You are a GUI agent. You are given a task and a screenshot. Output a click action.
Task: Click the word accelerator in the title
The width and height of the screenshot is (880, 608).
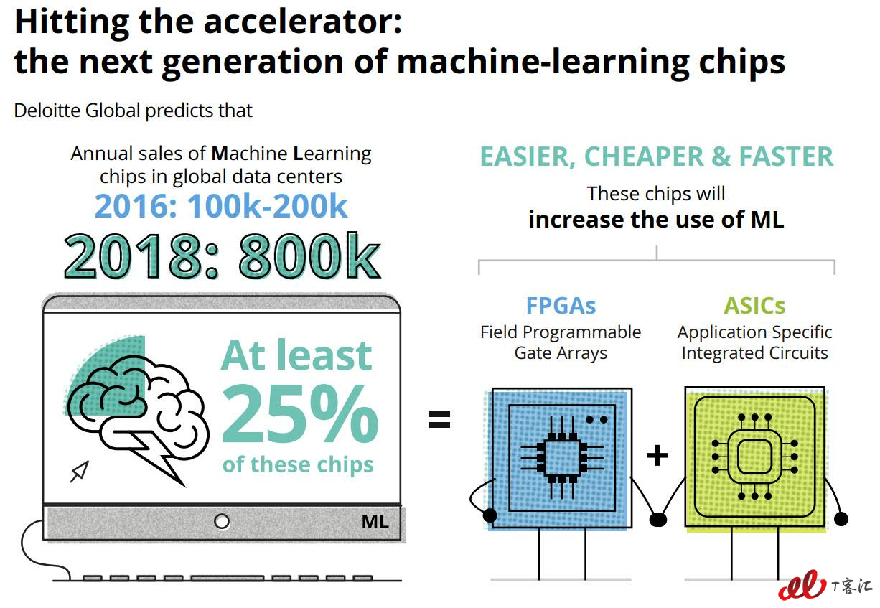point(302,22)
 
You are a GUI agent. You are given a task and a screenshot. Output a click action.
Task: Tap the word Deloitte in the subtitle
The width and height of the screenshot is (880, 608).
point(47,111)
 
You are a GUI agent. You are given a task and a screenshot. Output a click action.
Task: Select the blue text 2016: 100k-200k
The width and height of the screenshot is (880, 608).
point(221,206)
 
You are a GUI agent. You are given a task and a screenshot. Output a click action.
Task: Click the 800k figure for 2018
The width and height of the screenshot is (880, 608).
point(309,256)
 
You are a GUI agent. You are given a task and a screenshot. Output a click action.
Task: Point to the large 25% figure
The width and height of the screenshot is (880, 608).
point(300,413)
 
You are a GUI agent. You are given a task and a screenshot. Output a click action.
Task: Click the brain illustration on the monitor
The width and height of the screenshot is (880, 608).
point(138,416)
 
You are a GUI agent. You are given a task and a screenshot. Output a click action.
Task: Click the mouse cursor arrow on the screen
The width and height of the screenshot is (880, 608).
point(80,472)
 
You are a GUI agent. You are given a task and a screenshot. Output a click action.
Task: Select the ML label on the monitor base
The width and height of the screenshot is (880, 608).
point(375,522)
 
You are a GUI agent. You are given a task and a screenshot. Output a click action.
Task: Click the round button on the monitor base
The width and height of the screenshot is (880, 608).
point(222,522)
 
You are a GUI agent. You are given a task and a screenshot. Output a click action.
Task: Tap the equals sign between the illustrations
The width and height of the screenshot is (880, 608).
point(439,419)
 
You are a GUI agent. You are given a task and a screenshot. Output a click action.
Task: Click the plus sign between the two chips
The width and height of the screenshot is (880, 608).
point(657,456)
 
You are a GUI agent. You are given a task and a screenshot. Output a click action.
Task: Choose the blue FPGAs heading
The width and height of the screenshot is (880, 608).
point(561,306)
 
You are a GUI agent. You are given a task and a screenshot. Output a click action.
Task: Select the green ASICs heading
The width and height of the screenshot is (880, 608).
point(754,306)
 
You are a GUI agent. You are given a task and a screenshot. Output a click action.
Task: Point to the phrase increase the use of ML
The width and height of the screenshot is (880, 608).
point(656,220)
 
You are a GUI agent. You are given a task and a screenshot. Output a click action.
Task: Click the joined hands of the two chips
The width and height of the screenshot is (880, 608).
point(658,520)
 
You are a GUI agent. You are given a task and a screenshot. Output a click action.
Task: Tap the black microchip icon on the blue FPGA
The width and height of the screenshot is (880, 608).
point(562,457)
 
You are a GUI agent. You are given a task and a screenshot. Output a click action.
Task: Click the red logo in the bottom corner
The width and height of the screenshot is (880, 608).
point(802,585)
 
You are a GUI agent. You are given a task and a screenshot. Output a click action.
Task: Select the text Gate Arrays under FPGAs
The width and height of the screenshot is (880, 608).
point(561,353)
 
